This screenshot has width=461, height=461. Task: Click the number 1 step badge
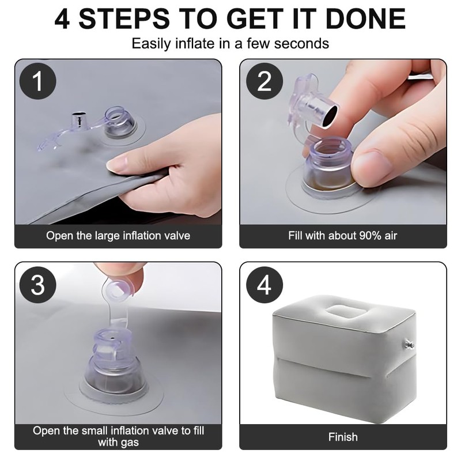coord(37,81)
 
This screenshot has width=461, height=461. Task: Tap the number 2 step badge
coord(264,81)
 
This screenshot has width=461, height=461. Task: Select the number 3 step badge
coord(37,285)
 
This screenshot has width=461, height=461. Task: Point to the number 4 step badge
coord(264,285)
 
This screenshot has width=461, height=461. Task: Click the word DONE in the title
coord(365,18)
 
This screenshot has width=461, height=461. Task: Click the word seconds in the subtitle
coord(301,44)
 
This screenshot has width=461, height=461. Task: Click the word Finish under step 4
coord(343,437)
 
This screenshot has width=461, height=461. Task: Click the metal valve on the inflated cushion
coord(409,343)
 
